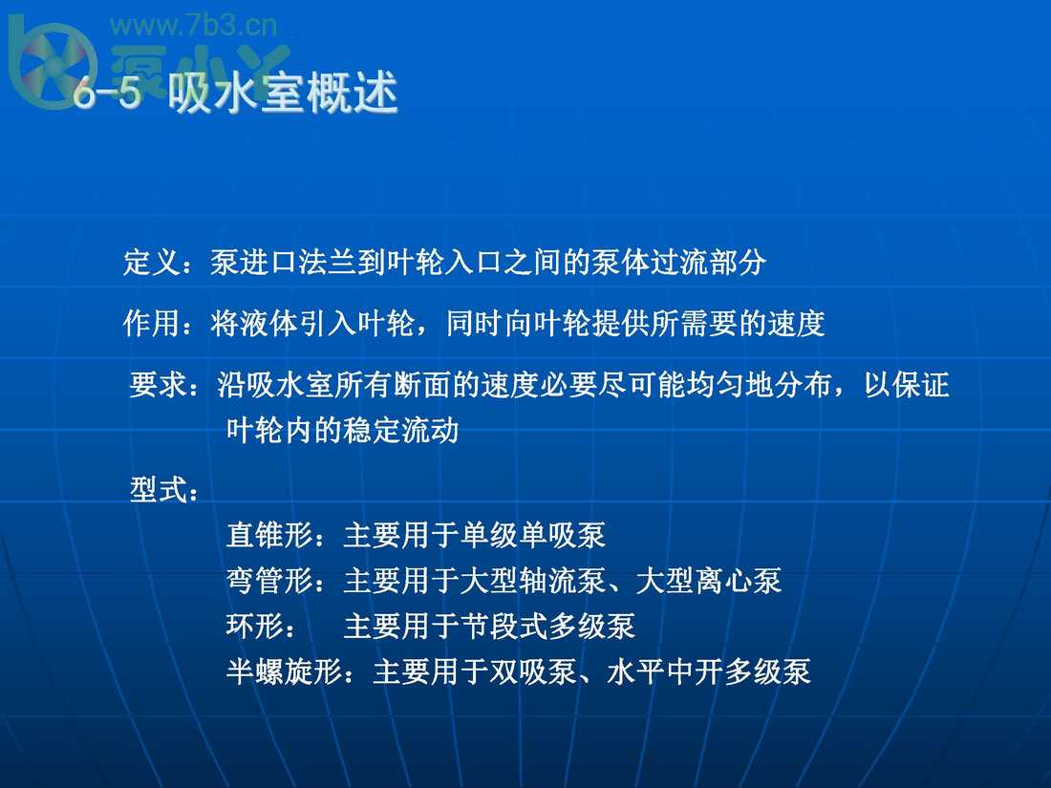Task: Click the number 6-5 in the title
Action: coord(107,93)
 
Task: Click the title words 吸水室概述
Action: coord(284,93)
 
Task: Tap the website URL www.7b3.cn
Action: coord(193,26)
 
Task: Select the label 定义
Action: coord(152,262)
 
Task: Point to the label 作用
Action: coord(152,323)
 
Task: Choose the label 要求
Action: coord(159,385)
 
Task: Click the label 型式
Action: coord(159,489)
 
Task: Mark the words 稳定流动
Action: coord(401,430)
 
